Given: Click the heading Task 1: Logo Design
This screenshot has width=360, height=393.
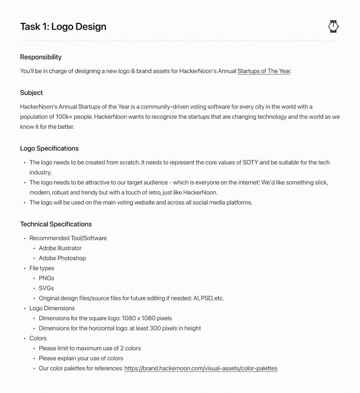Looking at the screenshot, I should pos(63,27).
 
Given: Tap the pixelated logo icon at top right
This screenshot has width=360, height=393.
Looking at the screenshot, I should pos(333,27).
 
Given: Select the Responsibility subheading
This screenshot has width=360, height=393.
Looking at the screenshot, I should pos(40,57).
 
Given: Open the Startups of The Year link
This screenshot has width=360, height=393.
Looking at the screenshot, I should pos(264,71).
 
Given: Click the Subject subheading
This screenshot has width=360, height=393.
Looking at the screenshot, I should pos(31,93).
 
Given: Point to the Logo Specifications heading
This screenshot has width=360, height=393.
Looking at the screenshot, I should pos(49,149).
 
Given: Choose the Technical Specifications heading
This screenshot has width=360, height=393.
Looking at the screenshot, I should pos(56,224).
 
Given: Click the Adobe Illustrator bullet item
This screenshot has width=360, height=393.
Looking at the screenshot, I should pos(60,248).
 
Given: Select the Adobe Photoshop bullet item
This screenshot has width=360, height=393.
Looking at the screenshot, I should pos(62,258).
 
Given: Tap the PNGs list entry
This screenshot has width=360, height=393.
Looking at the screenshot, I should pos(46,278).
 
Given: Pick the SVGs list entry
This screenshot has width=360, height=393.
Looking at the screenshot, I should pos(46,288).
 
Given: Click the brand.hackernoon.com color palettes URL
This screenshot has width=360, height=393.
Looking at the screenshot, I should pos(201,368).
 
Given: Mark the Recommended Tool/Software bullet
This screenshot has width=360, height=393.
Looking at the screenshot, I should pos(68,238).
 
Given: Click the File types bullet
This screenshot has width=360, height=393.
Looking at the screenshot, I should pos(42,268).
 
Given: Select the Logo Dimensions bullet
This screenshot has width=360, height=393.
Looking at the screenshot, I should pos(52,308).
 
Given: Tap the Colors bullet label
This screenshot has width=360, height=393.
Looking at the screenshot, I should pos(38,338).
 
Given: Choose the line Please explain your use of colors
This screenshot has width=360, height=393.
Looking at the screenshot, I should pos(81,358).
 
